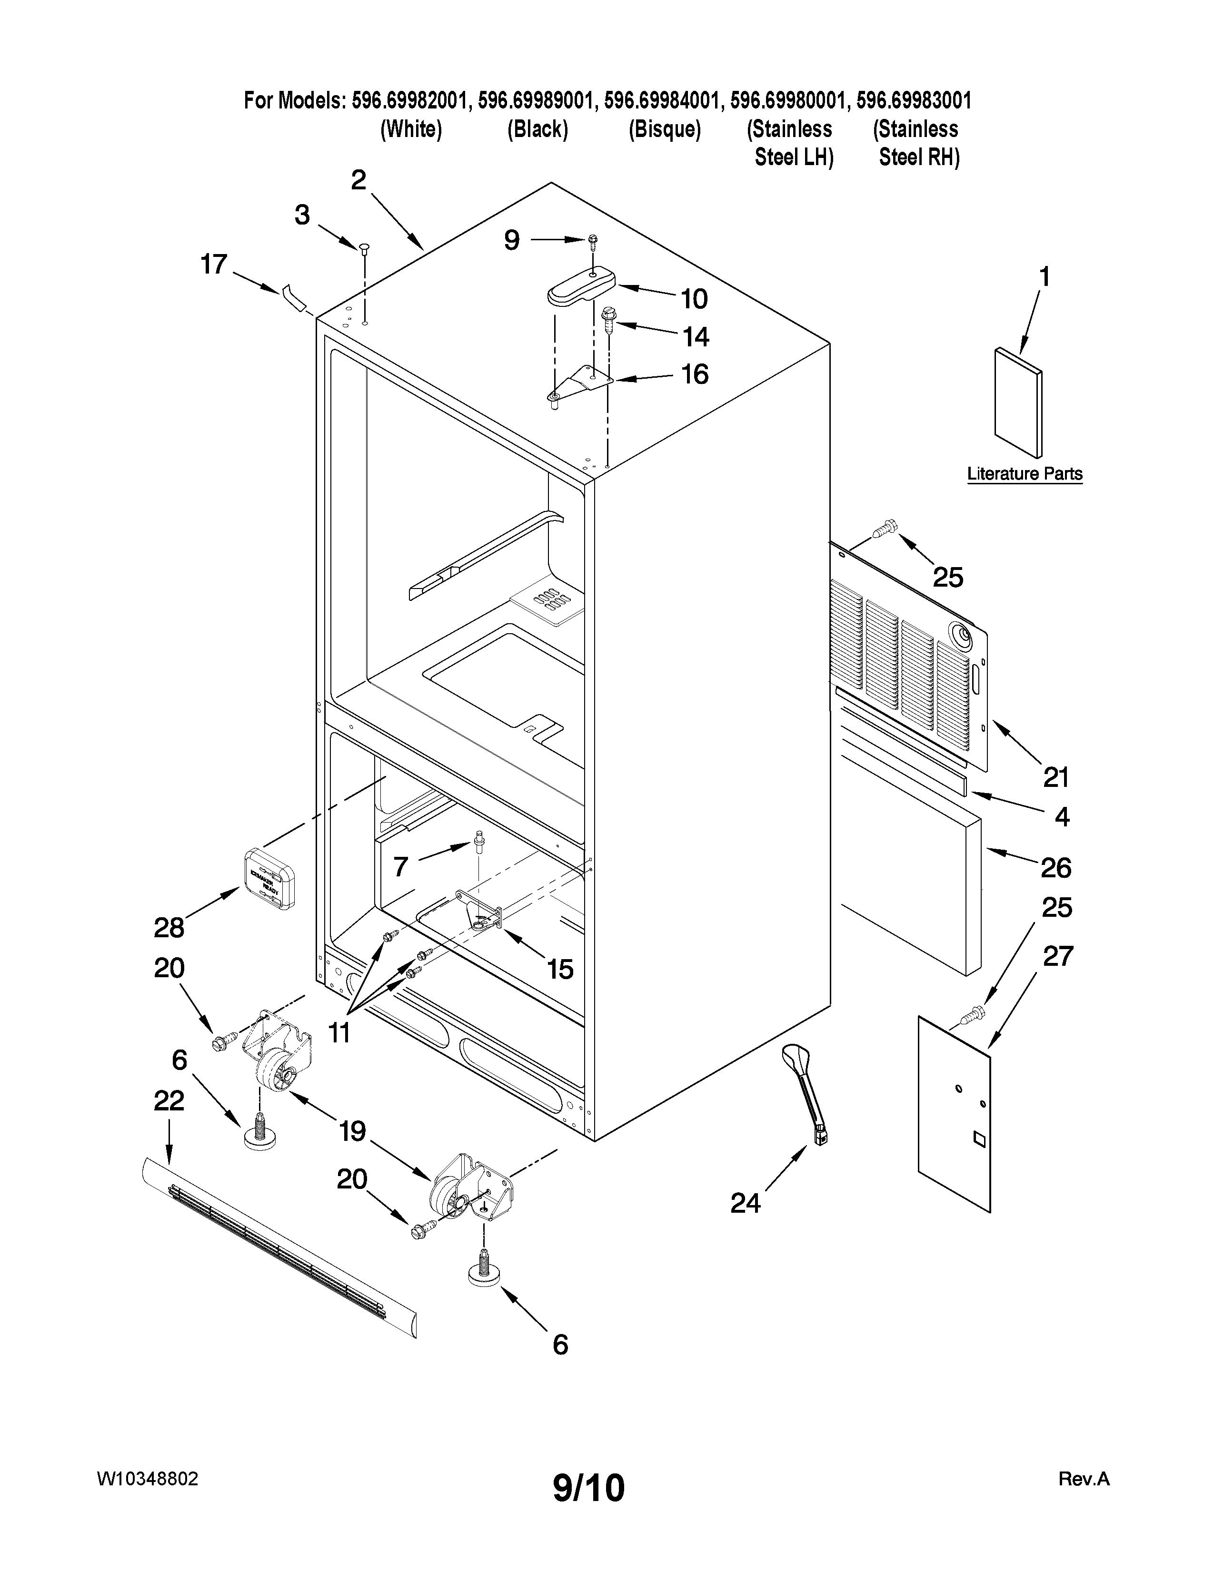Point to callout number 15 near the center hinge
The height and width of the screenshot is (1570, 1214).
pos(559,970)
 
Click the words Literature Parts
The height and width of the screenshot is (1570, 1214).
pos(1024,474)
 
